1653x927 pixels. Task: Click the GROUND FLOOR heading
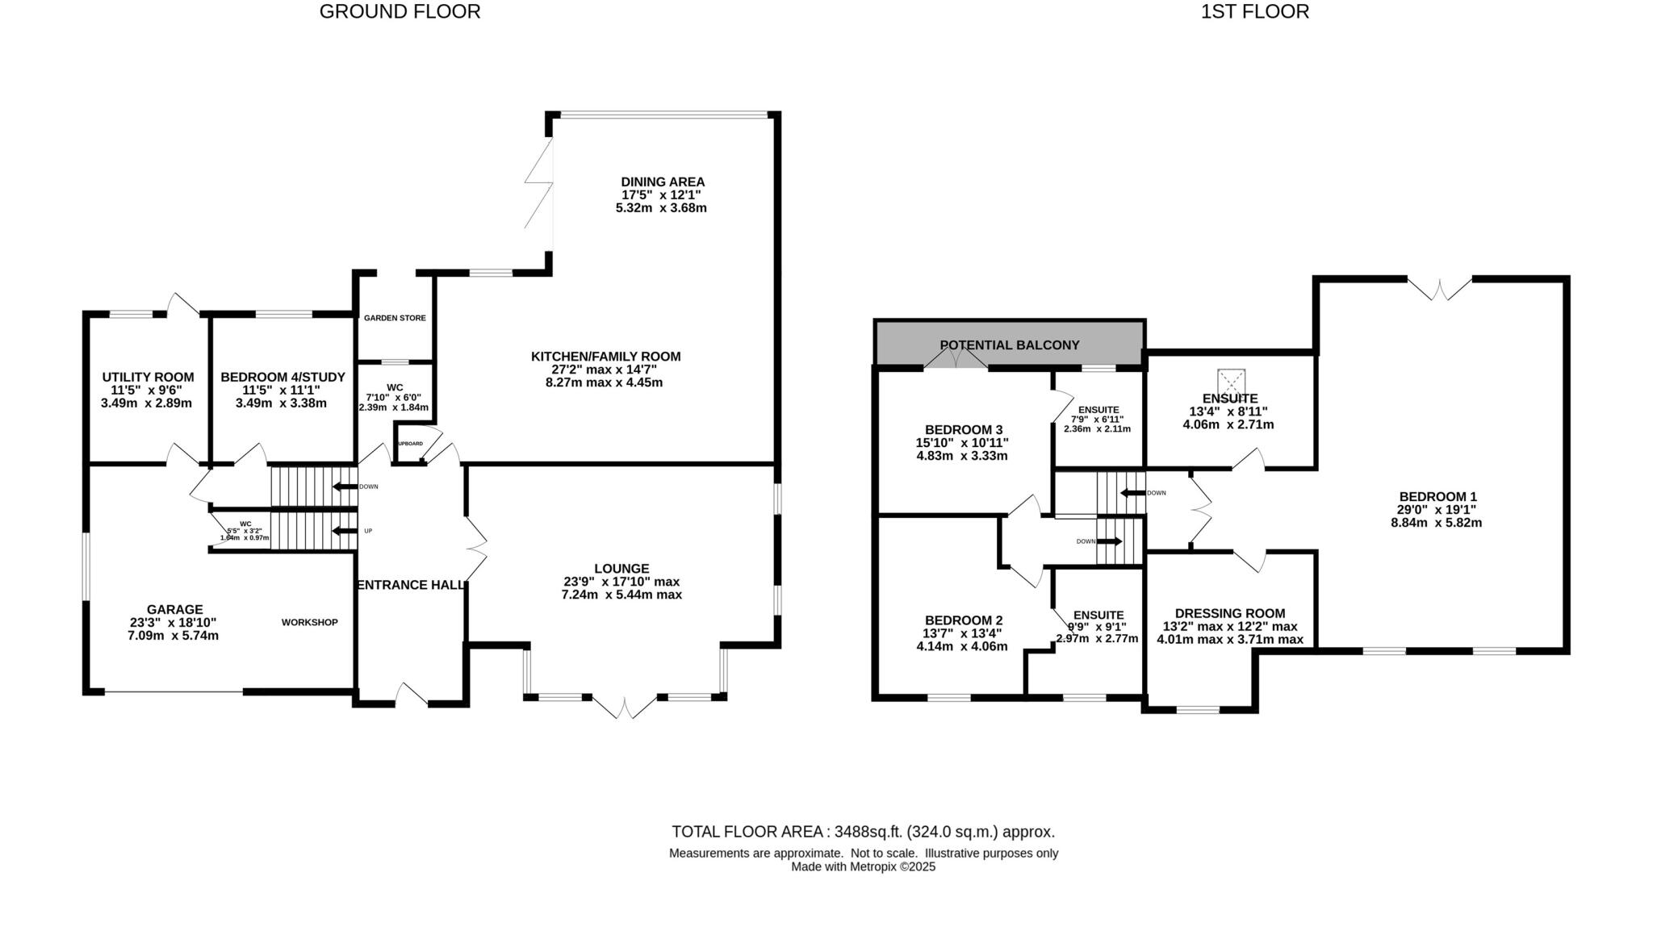tap(400, 12)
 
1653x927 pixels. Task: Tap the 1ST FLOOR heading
tap(1254, 12)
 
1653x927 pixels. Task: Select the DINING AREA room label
tap(662, 182)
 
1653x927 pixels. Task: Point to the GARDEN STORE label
tap(395, 318)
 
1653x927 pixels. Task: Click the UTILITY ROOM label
tap(148, 378)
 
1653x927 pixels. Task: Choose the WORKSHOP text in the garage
tap(309, 623)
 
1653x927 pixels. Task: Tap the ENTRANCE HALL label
tap(411, 585)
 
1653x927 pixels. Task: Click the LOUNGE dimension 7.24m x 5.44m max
tap(621, 595)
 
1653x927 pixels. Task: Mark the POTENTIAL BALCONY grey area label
tap(1009, 345)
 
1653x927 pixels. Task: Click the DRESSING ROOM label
tap(1229, 614)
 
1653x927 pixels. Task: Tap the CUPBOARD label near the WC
tap(410, 444)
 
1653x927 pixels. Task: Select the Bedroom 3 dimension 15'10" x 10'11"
tap(961, 443)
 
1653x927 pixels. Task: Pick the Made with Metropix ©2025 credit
tap(863, 867)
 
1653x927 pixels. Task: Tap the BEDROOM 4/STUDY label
tap(282, 378)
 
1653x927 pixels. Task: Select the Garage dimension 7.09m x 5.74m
tap(173, 636)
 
